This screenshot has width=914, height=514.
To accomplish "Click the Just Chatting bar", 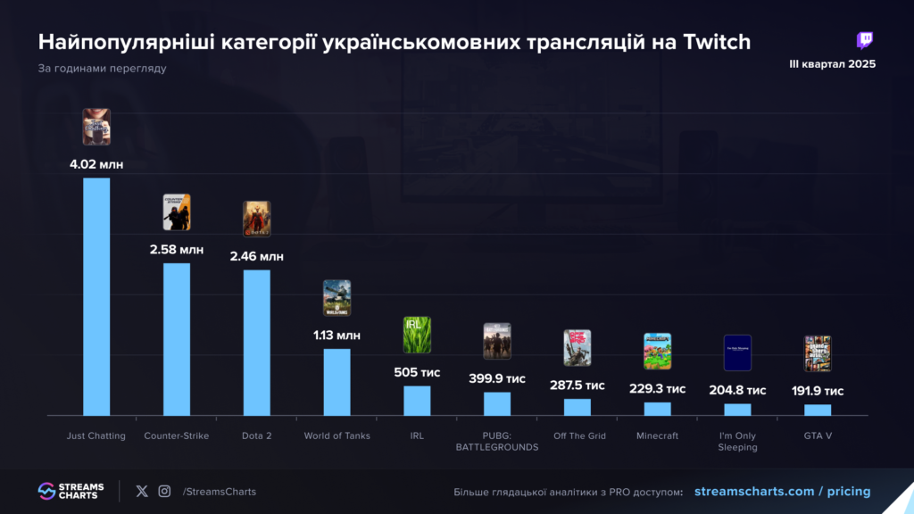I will click(96, 296).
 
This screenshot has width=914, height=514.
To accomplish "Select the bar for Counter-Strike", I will click(177, 339).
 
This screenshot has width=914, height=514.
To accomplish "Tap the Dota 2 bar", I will click(257, 343).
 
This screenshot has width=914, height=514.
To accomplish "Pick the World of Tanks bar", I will click(337, 382).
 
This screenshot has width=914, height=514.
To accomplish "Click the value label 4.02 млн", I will click(96, 164).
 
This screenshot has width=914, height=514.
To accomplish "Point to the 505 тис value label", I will click(417, 372).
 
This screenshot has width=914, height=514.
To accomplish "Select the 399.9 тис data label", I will click(497, 378).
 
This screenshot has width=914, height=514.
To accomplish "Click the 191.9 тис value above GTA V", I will click(818, 391).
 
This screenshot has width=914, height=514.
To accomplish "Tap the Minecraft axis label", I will click(658, 435).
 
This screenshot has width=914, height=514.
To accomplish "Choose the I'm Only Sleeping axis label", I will click(737, 441).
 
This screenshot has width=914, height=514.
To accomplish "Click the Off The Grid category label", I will click(577, 435).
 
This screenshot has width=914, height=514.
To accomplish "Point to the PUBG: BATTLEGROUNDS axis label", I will click(497, 441).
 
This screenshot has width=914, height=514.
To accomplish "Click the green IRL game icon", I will click(417, 336).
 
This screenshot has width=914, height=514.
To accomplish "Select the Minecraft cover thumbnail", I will click(658, 351).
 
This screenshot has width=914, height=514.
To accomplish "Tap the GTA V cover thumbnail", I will click(818, 353).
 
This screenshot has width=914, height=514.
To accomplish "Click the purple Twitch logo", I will click(864, 40).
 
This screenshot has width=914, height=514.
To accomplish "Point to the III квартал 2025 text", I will click(832, 64).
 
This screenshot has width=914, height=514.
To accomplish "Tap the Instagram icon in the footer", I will click(164, 491).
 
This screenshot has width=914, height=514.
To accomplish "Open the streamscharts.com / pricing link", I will click(782, 492).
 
